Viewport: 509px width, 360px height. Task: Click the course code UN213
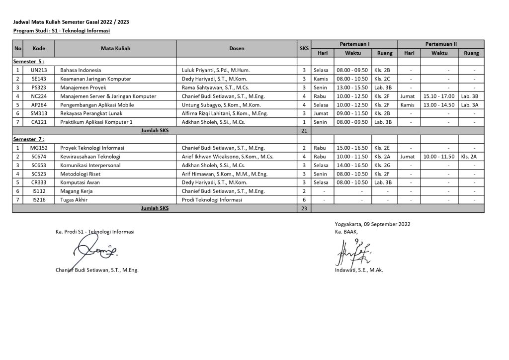[x=39, y=70]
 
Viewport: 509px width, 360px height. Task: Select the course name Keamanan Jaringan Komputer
[x=95, y=79]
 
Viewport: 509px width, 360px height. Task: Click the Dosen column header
[x=237, y=49]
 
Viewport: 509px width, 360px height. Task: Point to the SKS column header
[x=304, y=49]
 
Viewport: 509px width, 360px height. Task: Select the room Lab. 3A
[x=469, y=105]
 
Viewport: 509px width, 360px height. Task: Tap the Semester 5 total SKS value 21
[x=304, y=131]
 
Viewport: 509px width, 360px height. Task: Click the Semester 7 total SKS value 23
[x=304, y=209]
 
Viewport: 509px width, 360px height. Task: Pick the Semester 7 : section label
[x=29, y=139]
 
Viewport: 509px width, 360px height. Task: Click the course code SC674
[x=39, y=157]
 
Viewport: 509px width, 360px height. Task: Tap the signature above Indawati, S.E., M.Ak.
[x=354, y=251]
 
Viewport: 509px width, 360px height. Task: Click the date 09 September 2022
[x=388, y=224]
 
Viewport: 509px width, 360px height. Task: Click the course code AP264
[x=39, y=105]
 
